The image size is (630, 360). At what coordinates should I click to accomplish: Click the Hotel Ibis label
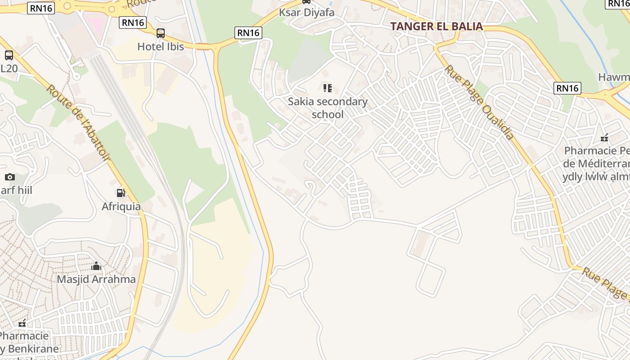click(161, 46)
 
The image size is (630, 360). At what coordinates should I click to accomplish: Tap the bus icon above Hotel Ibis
click(161, 33)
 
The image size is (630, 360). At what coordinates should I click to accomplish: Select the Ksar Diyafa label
click(306, 13)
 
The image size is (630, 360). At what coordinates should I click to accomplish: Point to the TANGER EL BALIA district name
click(436, 26)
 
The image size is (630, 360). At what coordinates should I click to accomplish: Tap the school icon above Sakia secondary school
click(328, 88)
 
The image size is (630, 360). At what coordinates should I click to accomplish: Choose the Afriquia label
click(121, 207)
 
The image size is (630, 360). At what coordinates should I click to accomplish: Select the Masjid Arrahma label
click(96, 279)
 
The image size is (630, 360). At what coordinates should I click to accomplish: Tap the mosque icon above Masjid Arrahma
click(96, 266)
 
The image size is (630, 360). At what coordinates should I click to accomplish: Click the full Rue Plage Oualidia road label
click(479, 102)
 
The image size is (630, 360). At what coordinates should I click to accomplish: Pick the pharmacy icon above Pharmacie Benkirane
click(22, 323)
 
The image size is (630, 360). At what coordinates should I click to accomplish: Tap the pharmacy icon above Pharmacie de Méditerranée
click(604, 138)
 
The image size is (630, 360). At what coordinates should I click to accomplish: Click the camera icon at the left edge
click(9, 177)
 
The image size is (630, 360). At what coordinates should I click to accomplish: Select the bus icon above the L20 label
click(9, 55)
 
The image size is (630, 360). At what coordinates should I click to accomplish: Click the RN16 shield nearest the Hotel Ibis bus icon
click(133, 22)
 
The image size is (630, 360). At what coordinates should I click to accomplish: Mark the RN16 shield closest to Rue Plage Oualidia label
click(567, 88)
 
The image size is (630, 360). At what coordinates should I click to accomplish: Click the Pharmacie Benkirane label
click(27, 342)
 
